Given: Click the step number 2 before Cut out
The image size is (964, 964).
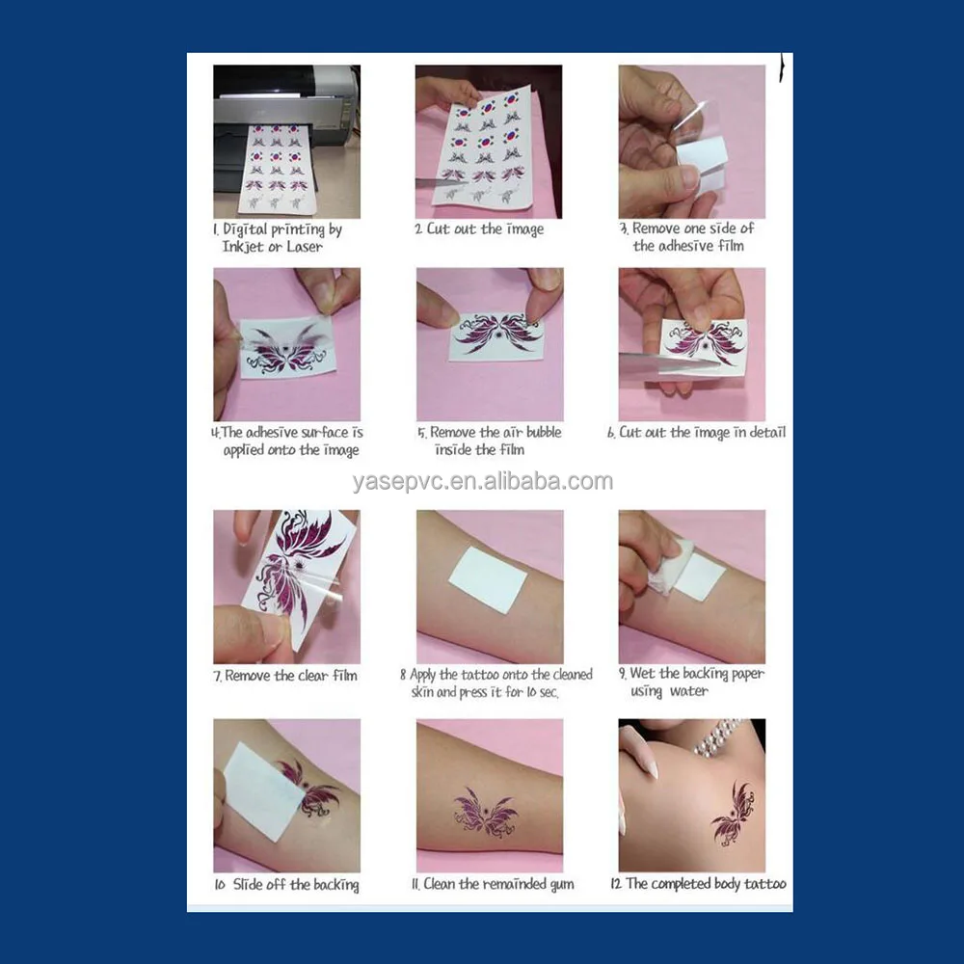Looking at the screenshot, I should [418, 229].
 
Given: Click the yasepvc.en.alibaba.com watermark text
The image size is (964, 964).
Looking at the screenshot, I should [482, 482].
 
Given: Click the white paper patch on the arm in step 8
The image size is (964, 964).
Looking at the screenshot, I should [488, 579].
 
